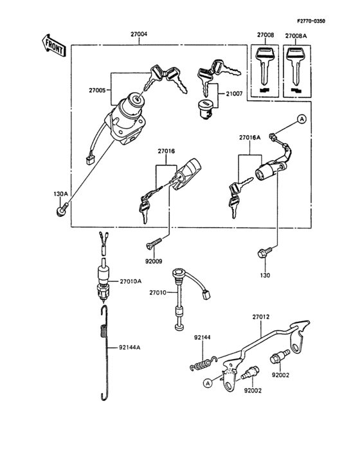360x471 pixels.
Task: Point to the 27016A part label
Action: [x=251, y=138]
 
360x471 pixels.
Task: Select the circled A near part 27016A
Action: [x=300, y=119]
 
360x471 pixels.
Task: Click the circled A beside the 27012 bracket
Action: [x=208, y=383]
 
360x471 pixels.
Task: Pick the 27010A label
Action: [x=130, y=281]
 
